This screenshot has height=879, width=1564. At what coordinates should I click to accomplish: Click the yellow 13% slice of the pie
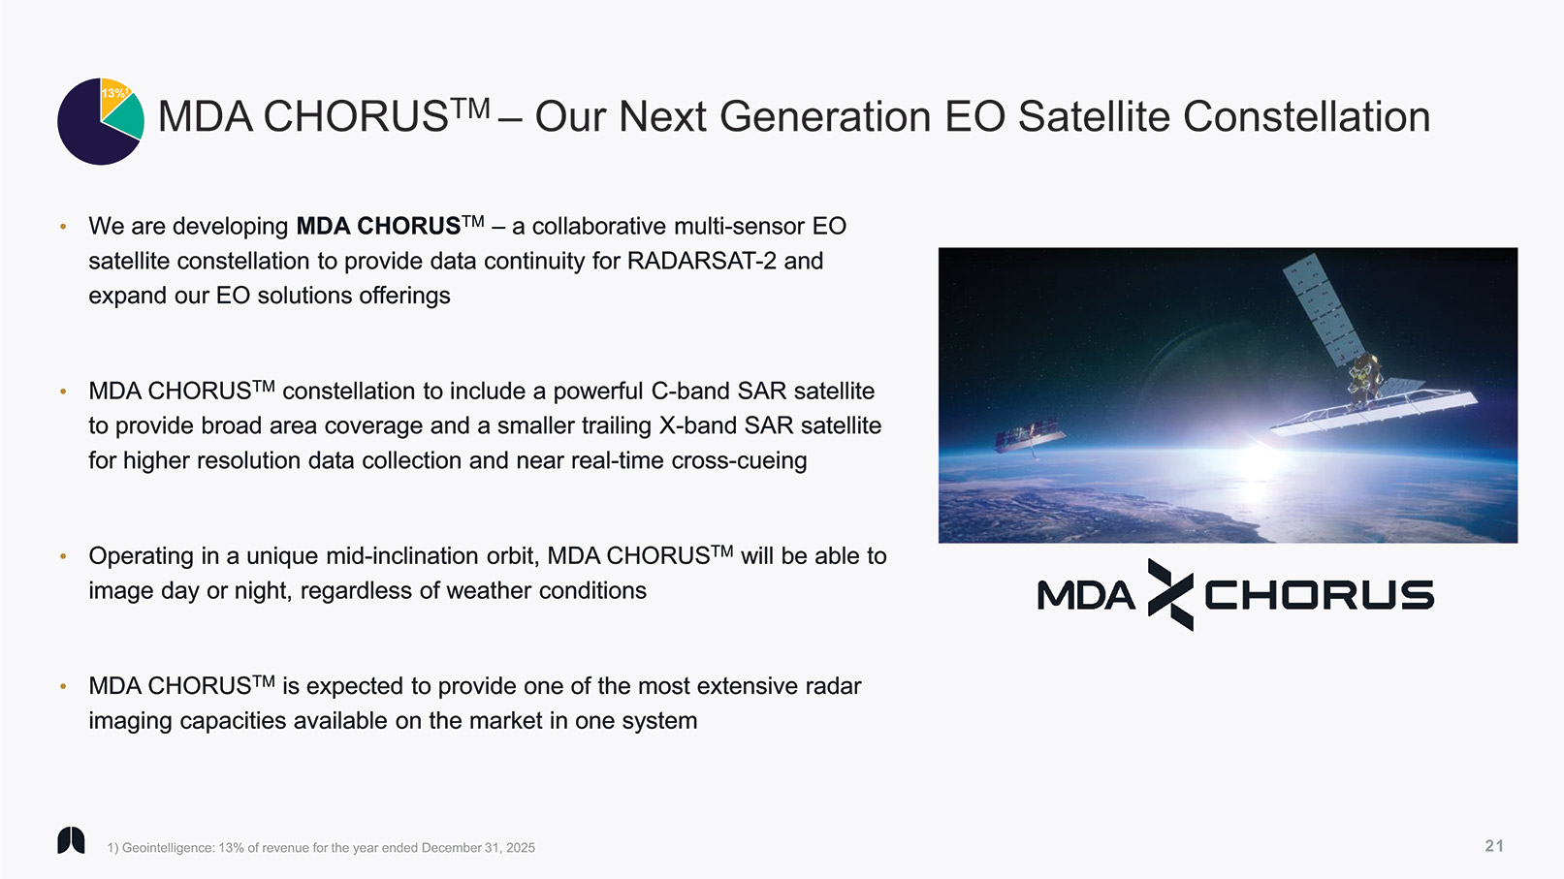click(112, 96)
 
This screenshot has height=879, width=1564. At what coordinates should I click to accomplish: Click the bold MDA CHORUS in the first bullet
click(378, 226)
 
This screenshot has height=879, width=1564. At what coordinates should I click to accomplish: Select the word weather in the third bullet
click(489, 591)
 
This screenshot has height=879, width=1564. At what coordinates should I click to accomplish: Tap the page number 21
click(1494, 846)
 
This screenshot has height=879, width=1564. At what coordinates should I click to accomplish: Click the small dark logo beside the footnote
click(71, 840)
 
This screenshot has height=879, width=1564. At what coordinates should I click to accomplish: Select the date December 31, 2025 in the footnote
click(478, 848)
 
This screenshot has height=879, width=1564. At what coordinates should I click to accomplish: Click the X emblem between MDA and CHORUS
click(1170, 594)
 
